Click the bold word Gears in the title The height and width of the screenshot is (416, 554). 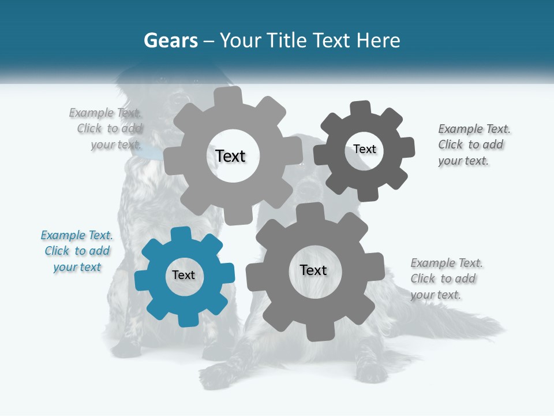tap(170, 40)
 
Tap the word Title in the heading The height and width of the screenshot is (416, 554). tap(286, 40)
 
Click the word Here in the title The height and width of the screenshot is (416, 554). tap(378, 40)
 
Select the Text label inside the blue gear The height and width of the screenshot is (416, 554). tap(184, 275)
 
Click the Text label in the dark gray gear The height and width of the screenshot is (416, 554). tap(364, 149)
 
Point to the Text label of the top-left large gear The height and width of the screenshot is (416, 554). tap(230, 156)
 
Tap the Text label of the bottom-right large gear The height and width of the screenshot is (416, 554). tap(313, 270)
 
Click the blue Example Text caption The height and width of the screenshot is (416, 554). tap(77, 251)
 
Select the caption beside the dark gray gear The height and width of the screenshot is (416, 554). tap(473, 144)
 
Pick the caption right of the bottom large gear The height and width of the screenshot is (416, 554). tap(446, 278)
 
